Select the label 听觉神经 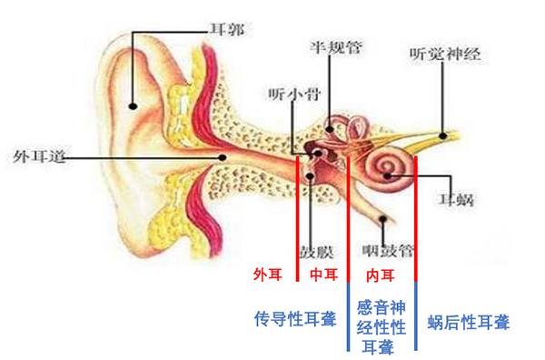pyautogui.click(x=444, y=53)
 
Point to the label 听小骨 pyautogui.click(x=292, y=94)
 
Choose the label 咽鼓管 pyautogui.click(x=387, y=248)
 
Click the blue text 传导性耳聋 pyautogui.click(x=294, y=318)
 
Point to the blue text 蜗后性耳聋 pyautogui.click(x=469, y=322)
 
